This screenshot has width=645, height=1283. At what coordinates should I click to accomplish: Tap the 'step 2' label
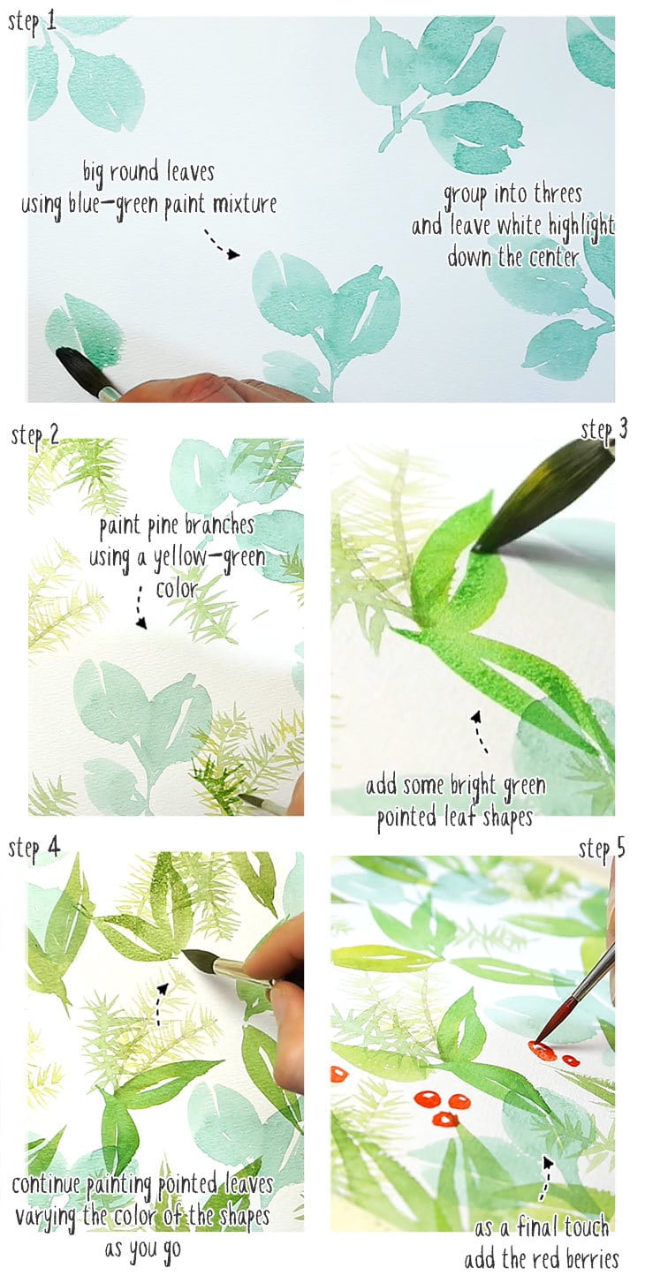pos(35,434)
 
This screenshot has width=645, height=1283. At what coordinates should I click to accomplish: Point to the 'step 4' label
pos(35,849)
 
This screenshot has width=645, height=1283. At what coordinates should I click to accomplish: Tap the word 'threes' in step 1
pos(558,193)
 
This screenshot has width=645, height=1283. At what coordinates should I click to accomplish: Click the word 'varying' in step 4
pos(56,1215)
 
